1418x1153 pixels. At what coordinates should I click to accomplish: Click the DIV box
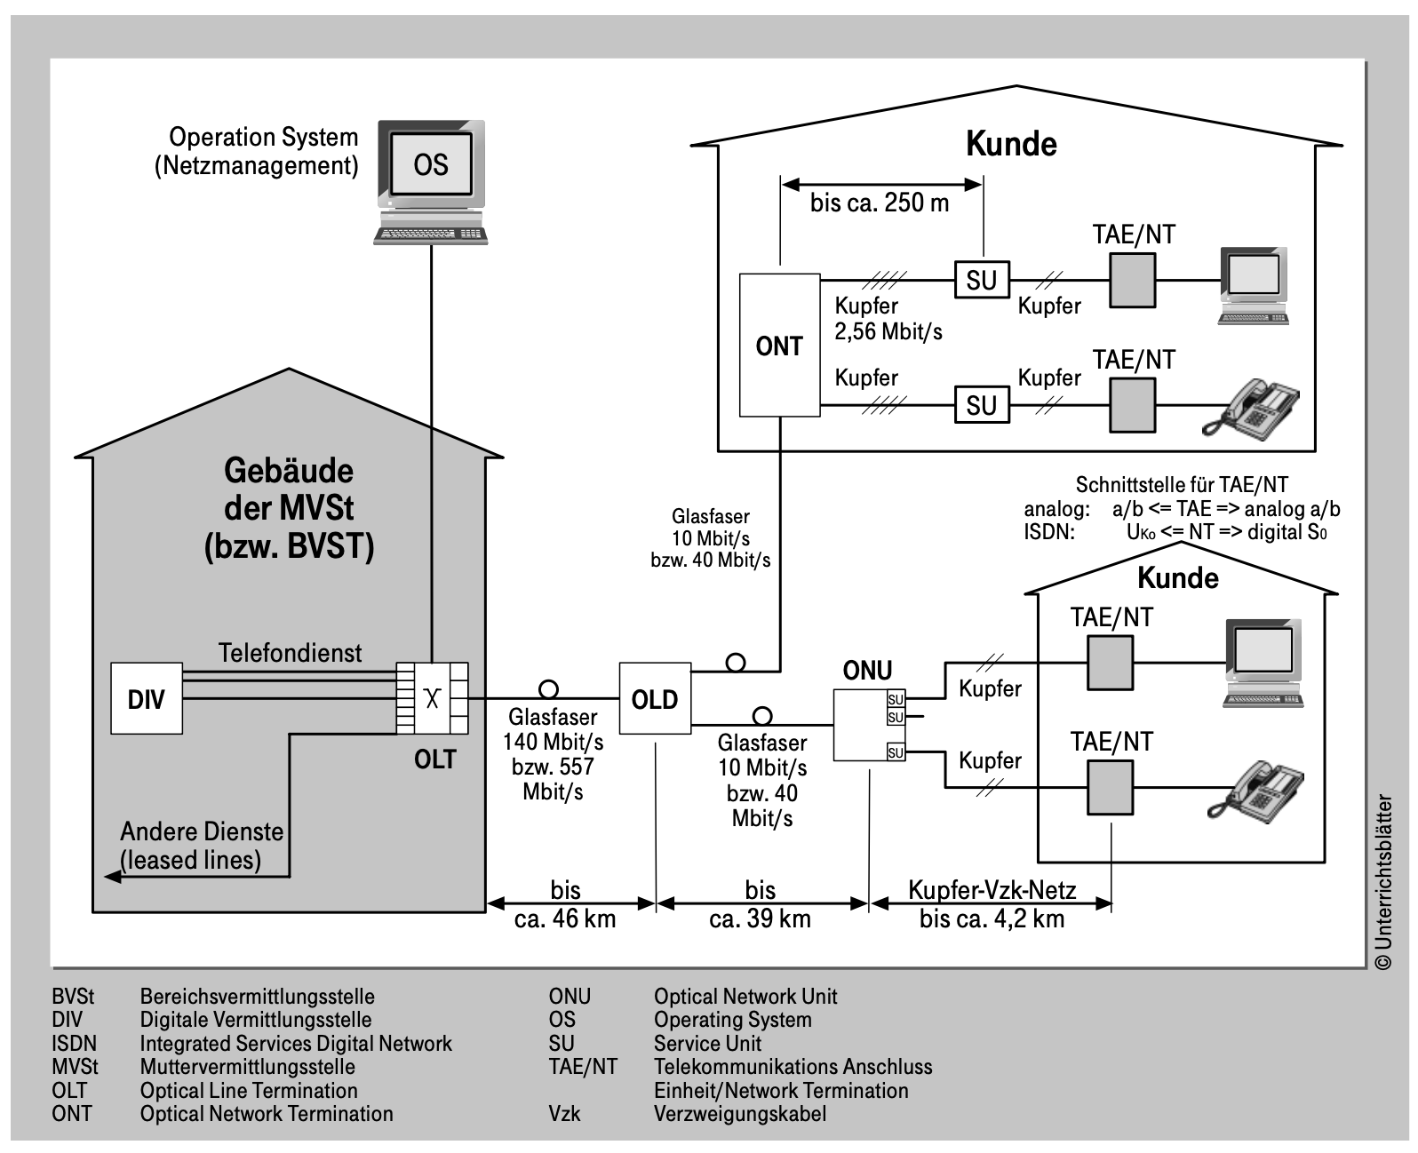147,698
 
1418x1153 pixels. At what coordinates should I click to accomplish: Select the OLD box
655,698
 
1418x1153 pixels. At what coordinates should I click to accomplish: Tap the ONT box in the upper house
779,346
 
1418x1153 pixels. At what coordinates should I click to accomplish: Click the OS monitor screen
431,163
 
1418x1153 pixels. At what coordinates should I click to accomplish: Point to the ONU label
867,671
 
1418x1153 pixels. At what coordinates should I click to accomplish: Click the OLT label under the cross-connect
434,759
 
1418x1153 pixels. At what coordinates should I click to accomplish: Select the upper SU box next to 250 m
982,280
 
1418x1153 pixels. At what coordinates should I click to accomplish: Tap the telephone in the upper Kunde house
1250,409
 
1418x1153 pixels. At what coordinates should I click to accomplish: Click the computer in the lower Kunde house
1263,663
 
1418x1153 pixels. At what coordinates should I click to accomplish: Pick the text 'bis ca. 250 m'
880,203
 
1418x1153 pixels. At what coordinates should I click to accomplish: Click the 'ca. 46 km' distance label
565,919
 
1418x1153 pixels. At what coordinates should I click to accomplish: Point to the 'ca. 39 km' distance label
761,919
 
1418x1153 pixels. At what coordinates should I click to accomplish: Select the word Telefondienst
291,653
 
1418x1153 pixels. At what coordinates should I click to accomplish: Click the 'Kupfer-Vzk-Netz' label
992,890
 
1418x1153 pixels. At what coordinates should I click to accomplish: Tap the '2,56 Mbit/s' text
888,331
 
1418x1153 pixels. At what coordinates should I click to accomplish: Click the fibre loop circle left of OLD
548,689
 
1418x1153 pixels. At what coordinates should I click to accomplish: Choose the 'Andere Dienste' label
202,831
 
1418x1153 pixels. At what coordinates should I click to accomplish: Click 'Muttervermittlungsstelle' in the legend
248,1067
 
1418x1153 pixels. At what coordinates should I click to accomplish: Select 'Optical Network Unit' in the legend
745,997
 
